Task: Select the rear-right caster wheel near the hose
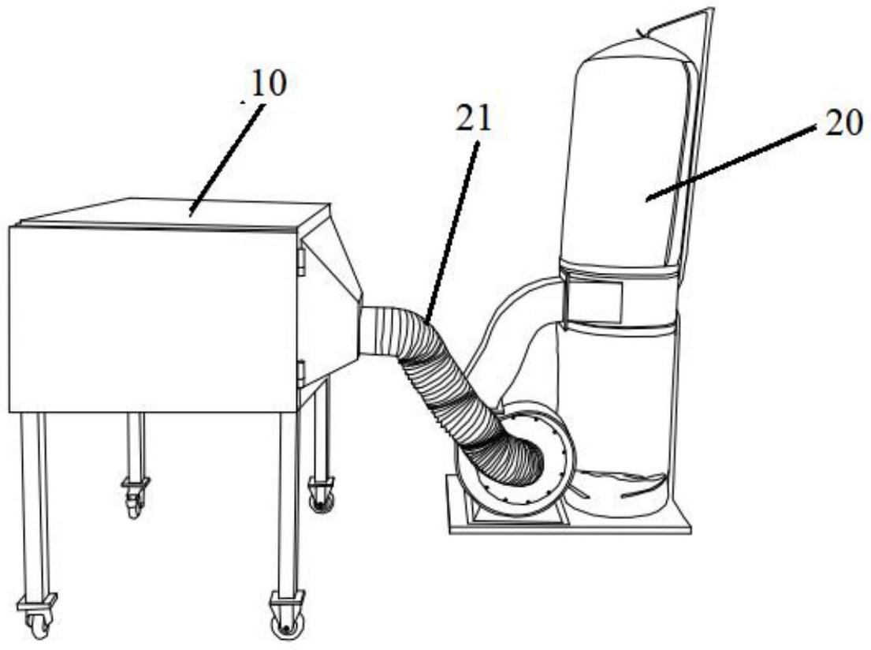(x=321, y=497)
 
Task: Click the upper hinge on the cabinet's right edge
(x=300, y=260)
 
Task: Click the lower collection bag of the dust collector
(x=623, y=410)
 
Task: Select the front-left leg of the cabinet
(x=35, y=505)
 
